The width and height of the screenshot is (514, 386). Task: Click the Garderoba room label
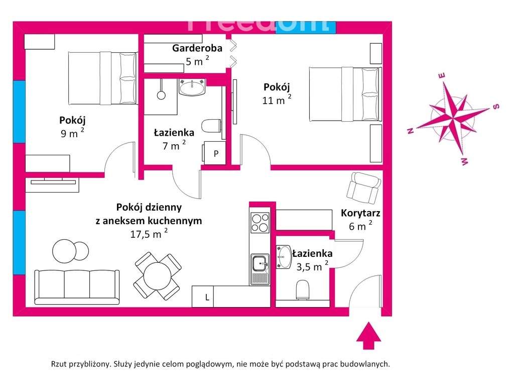191,48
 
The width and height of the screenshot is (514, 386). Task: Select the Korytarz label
360,213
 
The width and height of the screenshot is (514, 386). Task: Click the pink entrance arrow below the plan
369,336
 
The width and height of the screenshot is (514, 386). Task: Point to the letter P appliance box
216,154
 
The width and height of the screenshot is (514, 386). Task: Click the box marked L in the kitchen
207,297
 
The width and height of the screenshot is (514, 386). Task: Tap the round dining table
158,276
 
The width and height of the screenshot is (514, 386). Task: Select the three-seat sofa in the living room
77,286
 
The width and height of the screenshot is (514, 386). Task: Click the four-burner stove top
260,223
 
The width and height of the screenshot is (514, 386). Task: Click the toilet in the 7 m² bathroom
211,125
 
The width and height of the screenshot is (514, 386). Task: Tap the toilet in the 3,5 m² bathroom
303,290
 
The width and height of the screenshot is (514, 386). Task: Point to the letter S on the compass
496,106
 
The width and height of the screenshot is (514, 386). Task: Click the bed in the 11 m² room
344,94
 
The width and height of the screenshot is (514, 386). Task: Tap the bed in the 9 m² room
102,77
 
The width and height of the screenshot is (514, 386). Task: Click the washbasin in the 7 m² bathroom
192,88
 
